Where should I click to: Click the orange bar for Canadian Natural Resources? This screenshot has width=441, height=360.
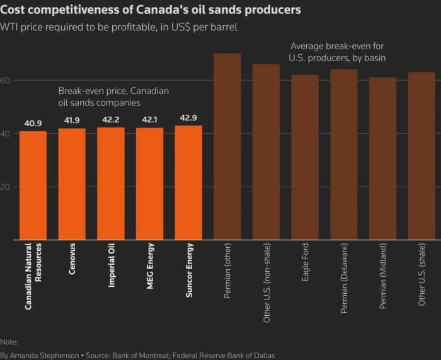click(x=33, y=185)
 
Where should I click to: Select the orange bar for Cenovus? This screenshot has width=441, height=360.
click(x=72, y=184)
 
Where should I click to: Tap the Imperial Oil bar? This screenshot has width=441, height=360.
click(x=111, y=183)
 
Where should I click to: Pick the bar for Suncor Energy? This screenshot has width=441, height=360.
click(x=188, y=183)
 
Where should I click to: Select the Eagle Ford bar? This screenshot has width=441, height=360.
click(x=305, y=157)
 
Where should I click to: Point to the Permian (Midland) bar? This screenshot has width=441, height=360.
click(x=382, y=158)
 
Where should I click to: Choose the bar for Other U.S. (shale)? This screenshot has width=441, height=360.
click(x=421, y=156)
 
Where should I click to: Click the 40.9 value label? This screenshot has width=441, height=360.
click(x=33, y=124)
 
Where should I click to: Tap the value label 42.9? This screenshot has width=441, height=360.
click(x=188, y=118)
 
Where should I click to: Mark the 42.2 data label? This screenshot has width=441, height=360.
click(x=111, y=120)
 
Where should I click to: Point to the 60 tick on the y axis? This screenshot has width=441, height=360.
click(x=6, y=80)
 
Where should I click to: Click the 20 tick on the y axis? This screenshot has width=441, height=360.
click(x=6, y=187)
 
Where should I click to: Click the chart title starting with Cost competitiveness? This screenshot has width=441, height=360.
click(x=151, y=10)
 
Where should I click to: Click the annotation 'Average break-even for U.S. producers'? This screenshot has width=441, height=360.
click(x=337, y=52)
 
